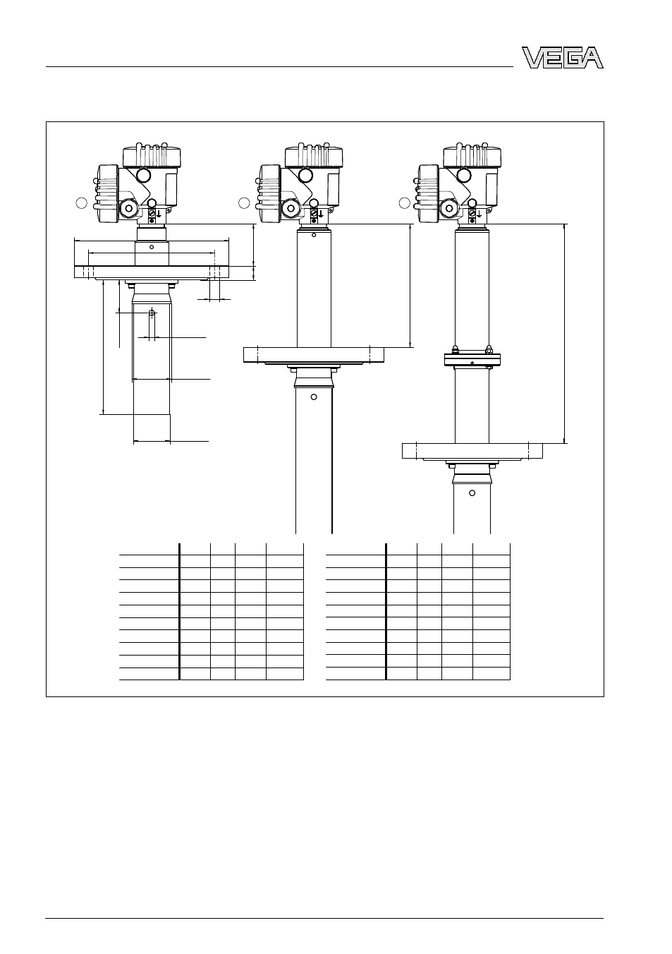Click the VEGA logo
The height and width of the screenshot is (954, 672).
[563, 57]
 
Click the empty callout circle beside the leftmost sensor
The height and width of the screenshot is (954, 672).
[81, 203]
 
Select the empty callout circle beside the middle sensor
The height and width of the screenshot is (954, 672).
[244, 203]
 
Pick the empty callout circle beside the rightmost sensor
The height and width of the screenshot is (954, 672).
[404, 203]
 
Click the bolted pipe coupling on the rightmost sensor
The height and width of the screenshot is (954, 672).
[472, 359]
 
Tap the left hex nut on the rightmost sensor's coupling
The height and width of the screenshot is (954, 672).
[455, 350]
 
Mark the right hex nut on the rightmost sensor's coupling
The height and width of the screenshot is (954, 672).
[489, 350]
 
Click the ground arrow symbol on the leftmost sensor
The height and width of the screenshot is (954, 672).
[159, 213]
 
